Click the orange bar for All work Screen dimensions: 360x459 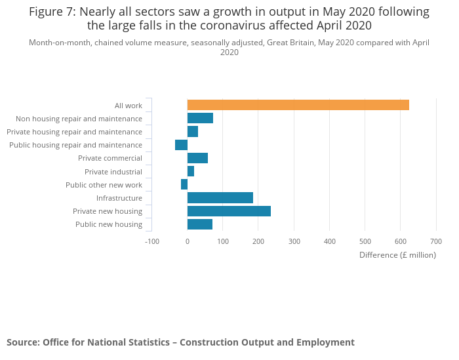coord(298,105)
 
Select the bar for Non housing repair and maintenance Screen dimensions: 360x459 coord(200,119)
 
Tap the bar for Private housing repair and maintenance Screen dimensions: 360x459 coord(193,132)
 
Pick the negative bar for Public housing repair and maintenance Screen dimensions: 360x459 coord(182,145)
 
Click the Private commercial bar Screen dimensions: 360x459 coord(197,158)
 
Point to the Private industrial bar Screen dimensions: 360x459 coord(191,171)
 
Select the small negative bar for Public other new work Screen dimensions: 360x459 coord(184,184)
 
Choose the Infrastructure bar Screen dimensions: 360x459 coord(220,198)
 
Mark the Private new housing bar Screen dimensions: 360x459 coord(229,211)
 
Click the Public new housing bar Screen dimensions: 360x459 coord(200,224)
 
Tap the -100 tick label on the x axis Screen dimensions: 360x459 coord(151,241)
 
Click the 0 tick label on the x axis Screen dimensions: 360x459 coord(188,241)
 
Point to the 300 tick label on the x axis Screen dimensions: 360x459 coord(294,241)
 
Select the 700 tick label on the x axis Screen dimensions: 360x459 coord(436,241)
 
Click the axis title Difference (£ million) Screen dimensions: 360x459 coord(397,255)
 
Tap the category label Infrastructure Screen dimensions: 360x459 coord(119,198)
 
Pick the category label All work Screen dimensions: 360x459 coord(129,106)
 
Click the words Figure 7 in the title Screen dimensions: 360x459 coord(52,12)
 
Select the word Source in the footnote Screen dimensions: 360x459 coord(23,342)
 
